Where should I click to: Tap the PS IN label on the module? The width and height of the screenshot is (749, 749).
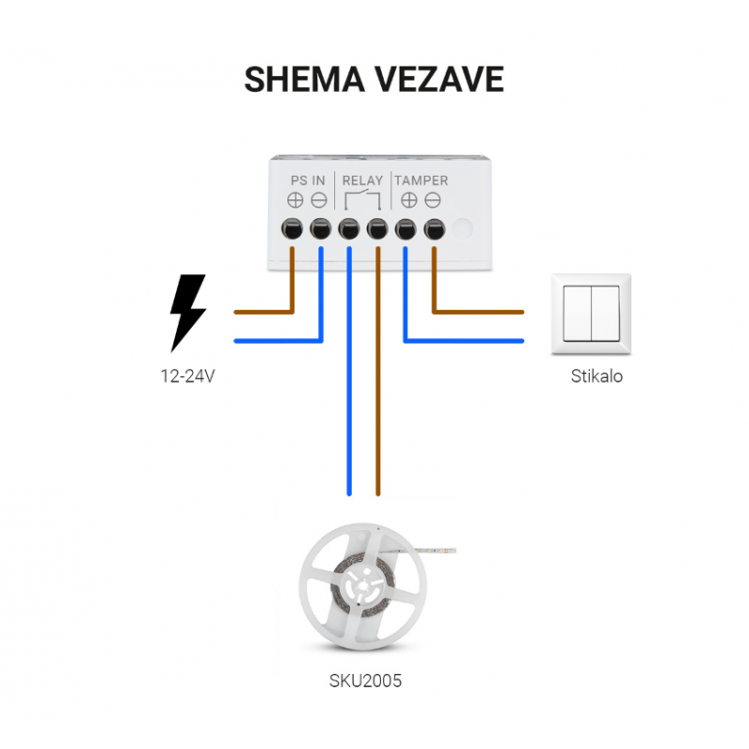click(307, 180)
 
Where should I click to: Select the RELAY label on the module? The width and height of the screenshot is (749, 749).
click(362, 180)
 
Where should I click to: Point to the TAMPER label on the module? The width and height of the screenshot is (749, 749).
click(420, 180)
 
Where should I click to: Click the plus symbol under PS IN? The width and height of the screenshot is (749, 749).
click(295, 199)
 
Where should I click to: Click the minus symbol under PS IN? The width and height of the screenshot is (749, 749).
click(318, 199)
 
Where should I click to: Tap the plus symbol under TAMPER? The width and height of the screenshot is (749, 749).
click(409, 199)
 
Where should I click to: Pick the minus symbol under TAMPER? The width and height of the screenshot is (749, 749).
click(433, 199)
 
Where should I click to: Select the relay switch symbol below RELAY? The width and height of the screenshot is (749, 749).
click(362, 199)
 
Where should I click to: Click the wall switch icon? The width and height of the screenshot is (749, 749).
click(592, 315)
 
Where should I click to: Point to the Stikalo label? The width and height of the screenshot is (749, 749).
click(596, 377)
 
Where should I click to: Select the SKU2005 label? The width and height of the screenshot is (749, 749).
click(365, 681)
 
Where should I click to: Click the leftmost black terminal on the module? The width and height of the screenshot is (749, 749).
click(292, 228)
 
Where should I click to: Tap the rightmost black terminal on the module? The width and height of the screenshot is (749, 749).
click(434, 228)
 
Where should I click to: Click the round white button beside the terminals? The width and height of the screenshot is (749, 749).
click(463, 228)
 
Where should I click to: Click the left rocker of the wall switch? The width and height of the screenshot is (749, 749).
click(578, 315)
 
